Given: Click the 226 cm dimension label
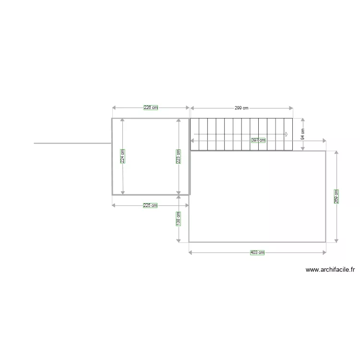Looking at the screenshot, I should point(151,108).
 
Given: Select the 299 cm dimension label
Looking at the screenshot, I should point(241,108).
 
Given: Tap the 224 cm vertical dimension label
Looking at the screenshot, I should point(122,156).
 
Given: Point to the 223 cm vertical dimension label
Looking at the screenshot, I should point(179,156).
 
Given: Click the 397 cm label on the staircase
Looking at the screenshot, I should point(258,140).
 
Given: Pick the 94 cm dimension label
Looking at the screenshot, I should point(303,134).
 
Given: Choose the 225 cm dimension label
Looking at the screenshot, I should point(150,205).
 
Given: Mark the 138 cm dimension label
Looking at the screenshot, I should point(179,218).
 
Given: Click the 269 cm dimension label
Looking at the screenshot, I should point(336,196).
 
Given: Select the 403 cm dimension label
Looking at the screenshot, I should point(257,252).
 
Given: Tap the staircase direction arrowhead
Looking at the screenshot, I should point(287,134).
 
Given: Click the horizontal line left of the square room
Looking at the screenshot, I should point(72,143).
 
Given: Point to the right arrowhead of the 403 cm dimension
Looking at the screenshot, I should point(324,252).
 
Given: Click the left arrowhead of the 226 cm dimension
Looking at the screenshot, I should point(114,108).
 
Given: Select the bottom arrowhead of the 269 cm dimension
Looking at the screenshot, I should point(336,240).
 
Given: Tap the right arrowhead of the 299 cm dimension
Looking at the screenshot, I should point(291,108).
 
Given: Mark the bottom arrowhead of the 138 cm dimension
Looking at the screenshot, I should point(179,240).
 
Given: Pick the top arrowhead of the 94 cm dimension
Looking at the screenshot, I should point(303,120).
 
